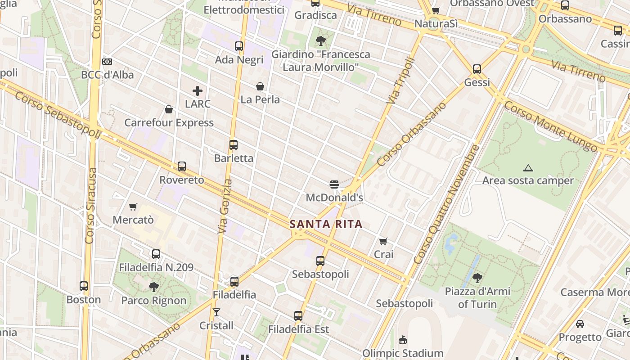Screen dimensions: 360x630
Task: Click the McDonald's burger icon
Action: coord(334,184)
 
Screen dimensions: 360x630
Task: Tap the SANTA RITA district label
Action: coord(326,224)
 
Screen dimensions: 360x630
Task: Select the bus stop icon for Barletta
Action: coord(233,145)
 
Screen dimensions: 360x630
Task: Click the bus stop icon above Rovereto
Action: coord(181,166)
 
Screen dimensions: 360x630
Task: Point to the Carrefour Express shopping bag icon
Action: coord(169,109)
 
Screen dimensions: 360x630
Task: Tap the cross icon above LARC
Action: coord(197,90)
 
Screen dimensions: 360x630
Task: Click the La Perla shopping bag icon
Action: coord(260,86)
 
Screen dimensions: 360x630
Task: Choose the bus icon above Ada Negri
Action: coord(239,46)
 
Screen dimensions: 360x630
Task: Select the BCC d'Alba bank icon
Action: coord(107,62)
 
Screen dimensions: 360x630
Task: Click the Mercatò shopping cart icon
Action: coord(133,207)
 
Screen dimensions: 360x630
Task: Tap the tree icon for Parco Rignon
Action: coord(154,287)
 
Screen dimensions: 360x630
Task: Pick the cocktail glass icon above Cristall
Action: coord(216,312)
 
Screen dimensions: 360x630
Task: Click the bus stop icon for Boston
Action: coord(84,286)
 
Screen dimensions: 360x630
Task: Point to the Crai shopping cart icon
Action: coord(383,241)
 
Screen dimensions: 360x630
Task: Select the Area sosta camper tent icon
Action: coord(528,168)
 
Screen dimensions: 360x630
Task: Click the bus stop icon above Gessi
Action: coord(477,69)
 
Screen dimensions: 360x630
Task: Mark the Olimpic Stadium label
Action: coord(403,353)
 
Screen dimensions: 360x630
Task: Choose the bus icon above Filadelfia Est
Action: coord(298,316)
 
